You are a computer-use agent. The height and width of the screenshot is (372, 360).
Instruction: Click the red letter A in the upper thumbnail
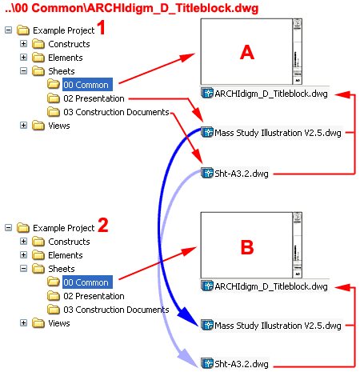click(x=247, y=53)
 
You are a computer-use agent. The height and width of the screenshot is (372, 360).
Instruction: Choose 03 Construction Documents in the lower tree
click(x=115, y=310)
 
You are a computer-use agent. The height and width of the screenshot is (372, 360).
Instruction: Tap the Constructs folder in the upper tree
click(x=69, y=44)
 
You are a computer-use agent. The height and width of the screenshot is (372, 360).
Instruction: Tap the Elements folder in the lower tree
click(x=66, y=255)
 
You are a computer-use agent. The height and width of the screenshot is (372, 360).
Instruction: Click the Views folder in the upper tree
click(x=59, y=125)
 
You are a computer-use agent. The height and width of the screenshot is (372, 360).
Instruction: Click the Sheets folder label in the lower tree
click(x=62, y=269)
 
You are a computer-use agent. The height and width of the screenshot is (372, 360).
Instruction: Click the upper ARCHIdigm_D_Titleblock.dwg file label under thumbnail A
click(x=270, y=94)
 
